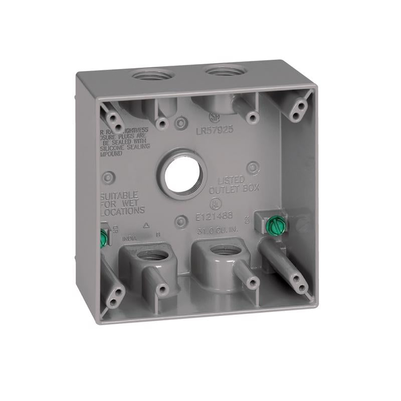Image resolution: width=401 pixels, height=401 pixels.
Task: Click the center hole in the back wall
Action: pos(182,178)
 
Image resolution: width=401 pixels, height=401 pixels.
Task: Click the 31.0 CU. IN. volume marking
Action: pos(217,231)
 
